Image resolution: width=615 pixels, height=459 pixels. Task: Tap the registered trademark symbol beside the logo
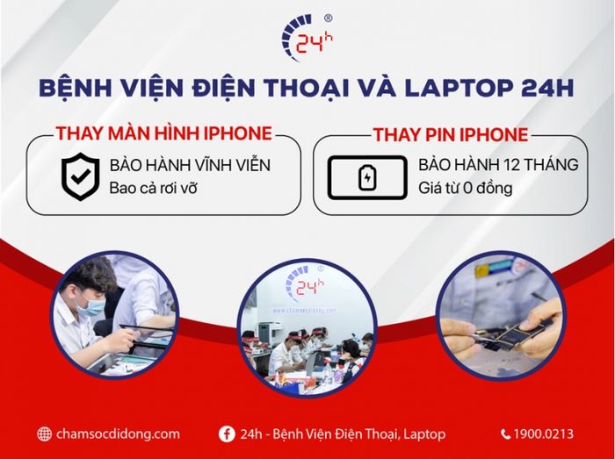coord(329,18)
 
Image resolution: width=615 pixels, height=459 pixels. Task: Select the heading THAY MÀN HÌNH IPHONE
coord(163,133)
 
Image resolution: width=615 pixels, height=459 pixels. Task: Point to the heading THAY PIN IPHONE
coord(450,134)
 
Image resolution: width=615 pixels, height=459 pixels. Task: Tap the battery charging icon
coord(367,178)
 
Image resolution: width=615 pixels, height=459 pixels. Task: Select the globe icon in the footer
coord(45,434)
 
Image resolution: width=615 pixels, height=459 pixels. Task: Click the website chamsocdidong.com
coord(117,434)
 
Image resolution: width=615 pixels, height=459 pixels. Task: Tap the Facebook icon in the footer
coord(226,434)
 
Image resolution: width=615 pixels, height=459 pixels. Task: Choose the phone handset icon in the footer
coord(506,434)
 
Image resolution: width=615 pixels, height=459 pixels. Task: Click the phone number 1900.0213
coord(545,434)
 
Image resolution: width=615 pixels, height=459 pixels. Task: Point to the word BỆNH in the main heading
coord(76,88)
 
